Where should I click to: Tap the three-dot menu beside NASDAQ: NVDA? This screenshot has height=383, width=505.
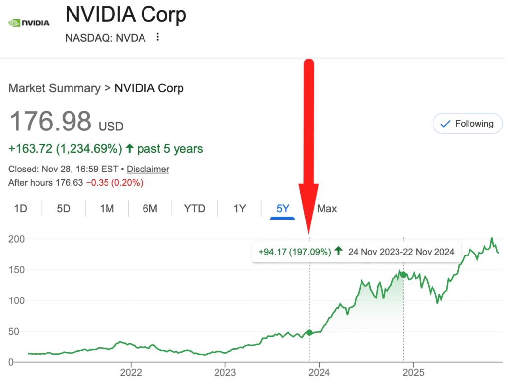[157, 37]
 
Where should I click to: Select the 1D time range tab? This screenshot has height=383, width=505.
[20, 209]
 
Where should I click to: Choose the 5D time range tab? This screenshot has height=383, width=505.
[64, 209]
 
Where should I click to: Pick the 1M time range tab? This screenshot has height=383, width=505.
[107, 209]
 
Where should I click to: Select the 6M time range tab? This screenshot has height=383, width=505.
[150, 209]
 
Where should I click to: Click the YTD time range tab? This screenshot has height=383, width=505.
[194, 209]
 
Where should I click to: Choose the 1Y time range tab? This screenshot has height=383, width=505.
[239, 209]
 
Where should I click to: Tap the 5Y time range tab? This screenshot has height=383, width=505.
[283, 209]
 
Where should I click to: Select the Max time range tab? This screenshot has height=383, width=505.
[327, 209]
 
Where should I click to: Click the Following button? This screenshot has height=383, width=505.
[467, 124]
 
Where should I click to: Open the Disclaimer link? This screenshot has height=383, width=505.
[148, 169]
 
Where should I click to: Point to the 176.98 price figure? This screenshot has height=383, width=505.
[51, 121]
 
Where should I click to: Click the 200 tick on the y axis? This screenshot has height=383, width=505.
[18, 239]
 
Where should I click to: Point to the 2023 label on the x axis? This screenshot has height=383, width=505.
[225, 372]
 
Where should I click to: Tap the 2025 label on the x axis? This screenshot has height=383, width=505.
[414, 372]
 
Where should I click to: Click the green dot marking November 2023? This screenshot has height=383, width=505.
[310, 332]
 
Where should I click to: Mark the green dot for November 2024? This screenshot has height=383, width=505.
[403, 275]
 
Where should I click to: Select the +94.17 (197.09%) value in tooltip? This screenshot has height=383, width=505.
[294, 252]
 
